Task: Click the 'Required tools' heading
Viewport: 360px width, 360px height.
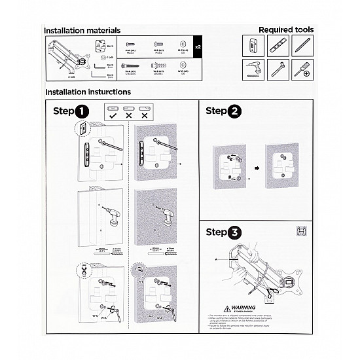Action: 285,29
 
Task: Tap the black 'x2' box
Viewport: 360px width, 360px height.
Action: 198,48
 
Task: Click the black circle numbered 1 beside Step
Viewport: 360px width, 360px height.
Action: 82,112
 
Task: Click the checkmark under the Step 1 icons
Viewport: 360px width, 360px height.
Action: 112,115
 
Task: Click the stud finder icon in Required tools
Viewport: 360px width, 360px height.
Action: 252,46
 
